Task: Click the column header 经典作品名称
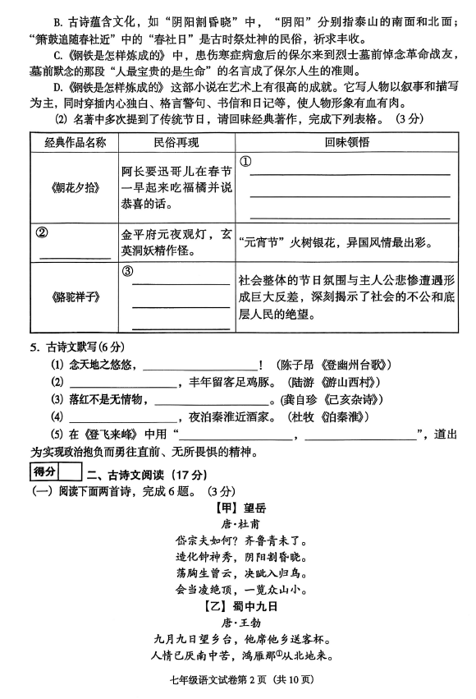point(75,143)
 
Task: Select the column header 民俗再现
point(176,143)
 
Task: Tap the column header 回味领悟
point(346,142)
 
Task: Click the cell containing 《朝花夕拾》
point(75,187)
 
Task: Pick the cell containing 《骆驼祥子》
point(75,297)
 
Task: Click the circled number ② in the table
point(41,232)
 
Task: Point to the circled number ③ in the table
point(128,270)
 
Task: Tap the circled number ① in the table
point(245,161)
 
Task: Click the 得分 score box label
point(44,471)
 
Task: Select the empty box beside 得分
point(71,471)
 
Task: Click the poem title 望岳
point(254,508)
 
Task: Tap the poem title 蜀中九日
point(254,606)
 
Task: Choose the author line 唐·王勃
point(241,623)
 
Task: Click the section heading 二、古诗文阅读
point(126,475)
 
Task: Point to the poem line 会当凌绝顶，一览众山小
point(241,590)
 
